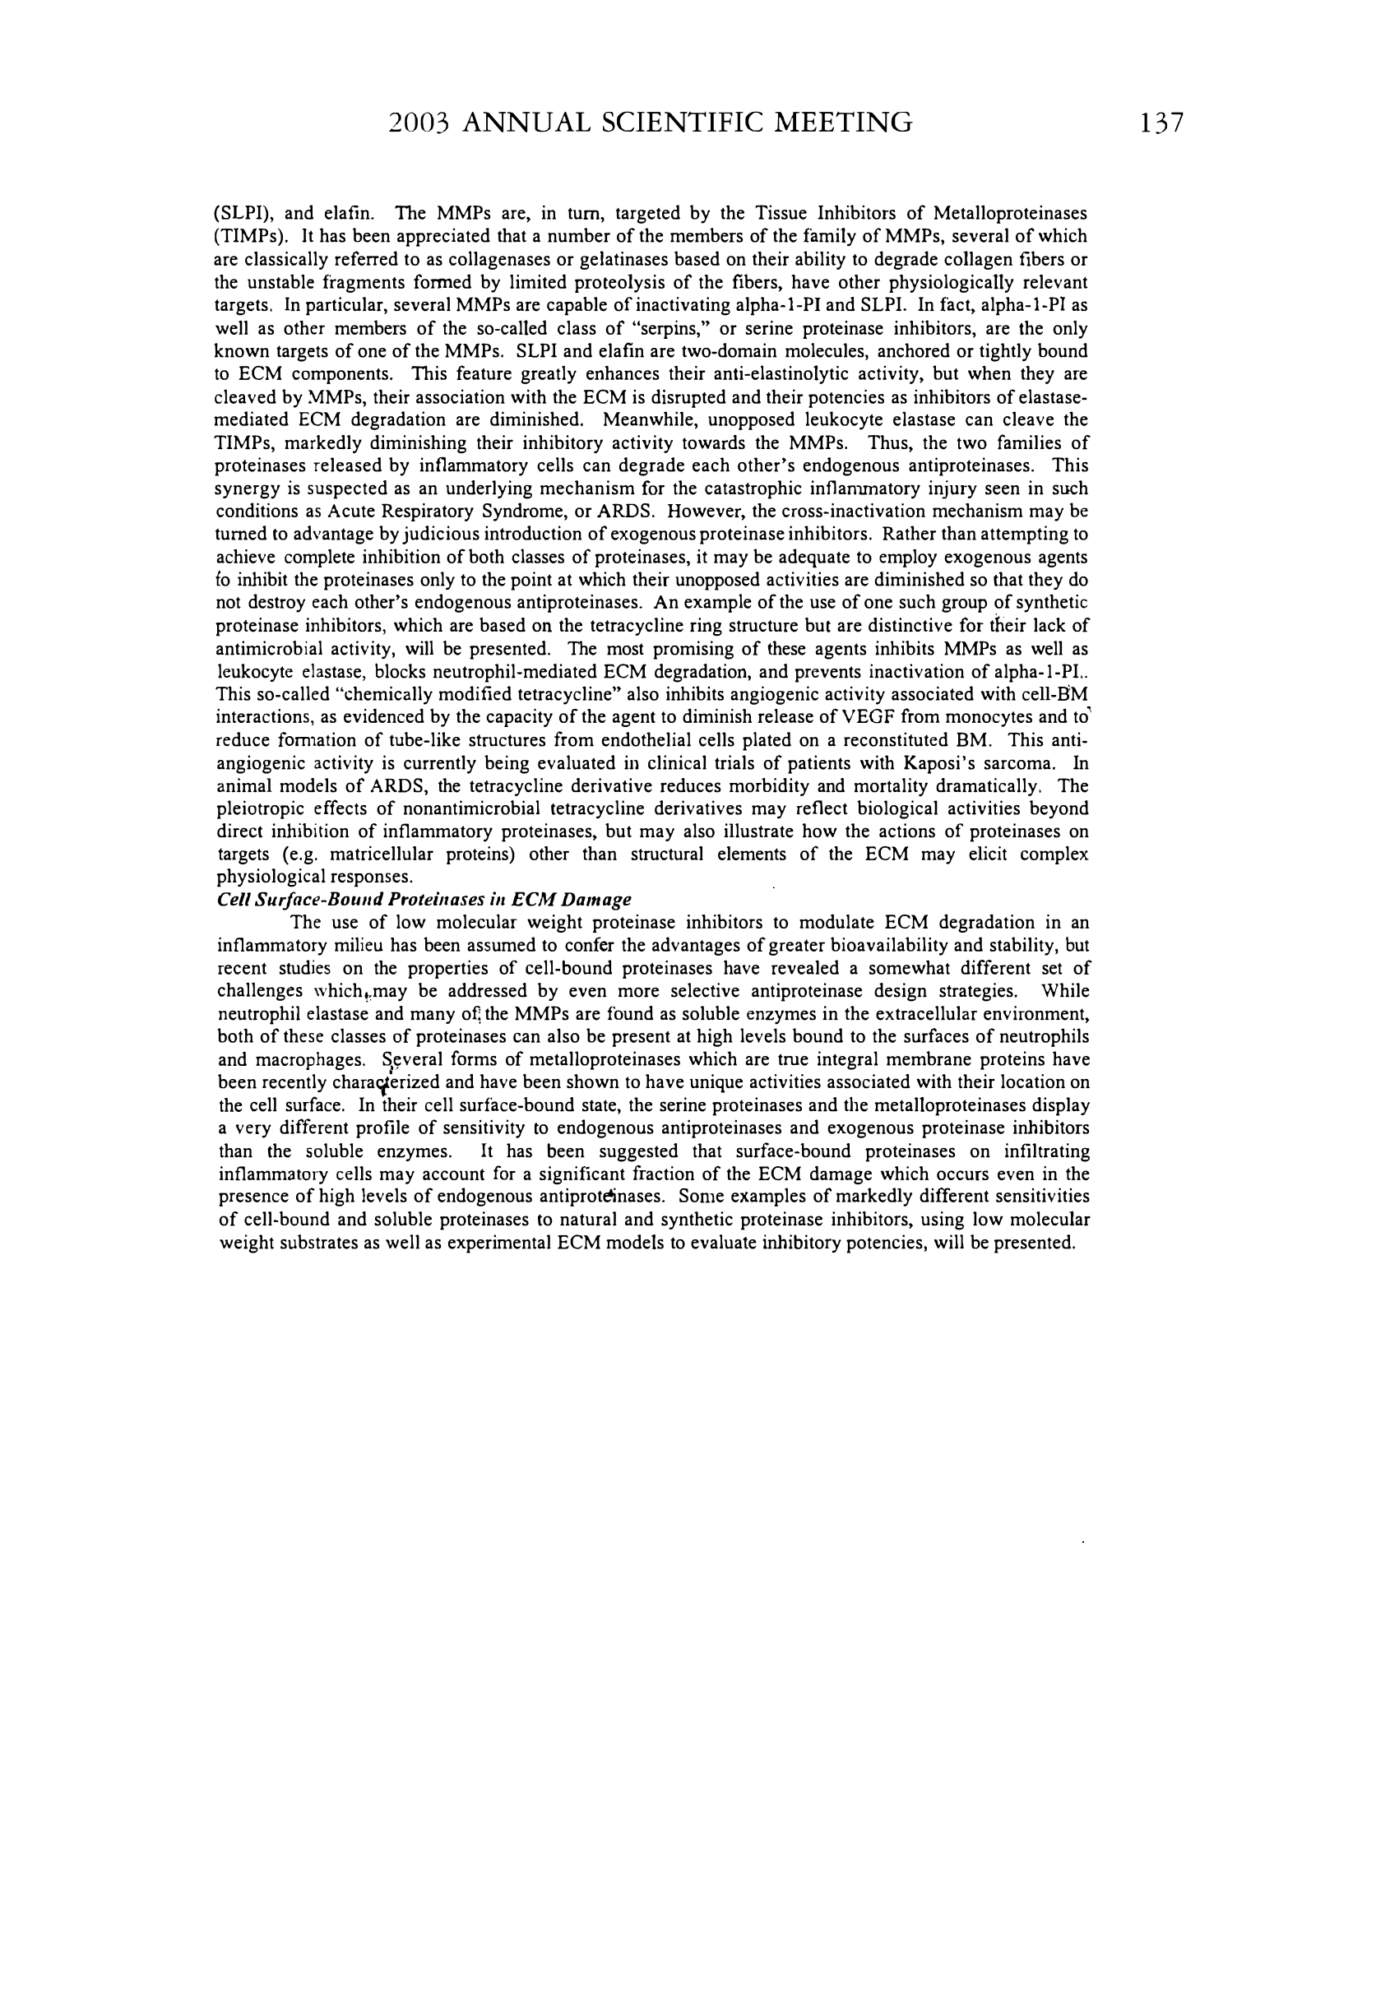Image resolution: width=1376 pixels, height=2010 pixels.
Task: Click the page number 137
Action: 1161,123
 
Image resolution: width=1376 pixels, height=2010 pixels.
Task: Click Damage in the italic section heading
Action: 597,901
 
